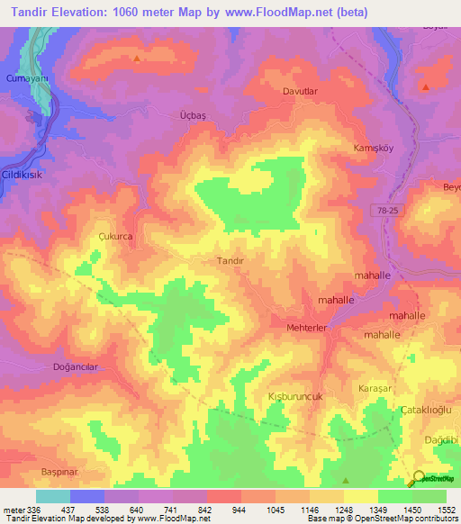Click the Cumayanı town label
26,80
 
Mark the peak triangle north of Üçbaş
137,59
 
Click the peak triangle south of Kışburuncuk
346,481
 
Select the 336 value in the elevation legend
34,510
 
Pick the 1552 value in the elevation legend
447,510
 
